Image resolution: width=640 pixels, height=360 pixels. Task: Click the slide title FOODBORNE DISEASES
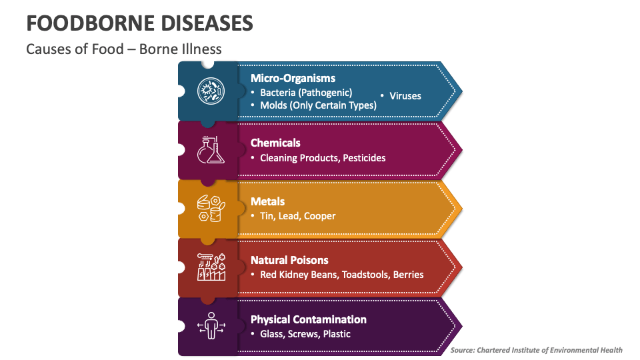coord(139,23)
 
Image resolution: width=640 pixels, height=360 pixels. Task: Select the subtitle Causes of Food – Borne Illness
coord(124,49)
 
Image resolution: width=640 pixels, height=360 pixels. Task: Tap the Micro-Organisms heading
coord(293,78)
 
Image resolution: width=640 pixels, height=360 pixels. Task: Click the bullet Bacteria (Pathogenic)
coord(306,93)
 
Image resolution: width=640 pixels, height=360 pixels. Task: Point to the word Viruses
coord(405,96)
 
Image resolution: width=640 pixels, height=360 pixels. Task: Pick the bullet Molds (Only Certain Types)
coord(318,105)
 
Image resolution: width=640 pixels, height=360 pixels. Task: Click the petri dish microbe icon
coord(211,91)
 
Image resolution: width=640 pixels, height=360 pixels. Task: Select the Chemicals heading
coord(275,143)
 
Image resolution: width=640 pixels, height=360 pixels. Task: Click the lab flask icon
coord(211,150)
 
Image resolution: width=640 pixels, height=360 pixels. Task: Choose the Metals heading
coord(267,201)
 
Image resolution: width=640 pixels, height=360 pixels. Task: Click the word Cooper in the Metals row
coord(320,216)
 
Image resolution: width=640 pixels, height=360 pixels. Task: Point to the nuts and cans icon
coord(211,209)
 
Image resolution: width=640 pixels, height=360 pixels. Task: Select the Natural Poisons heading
coord(289,260)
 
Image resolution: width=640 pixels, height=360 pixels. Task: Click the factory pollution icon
coord(211,267)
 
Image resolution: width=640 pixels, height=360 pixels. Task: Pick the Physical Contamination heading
coord(308,319)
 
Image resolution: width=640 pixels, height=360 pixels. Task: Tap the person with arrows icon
coord(211,326)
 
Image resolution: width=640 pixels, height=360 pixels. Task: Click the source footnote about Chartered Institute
coord(536,350)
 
